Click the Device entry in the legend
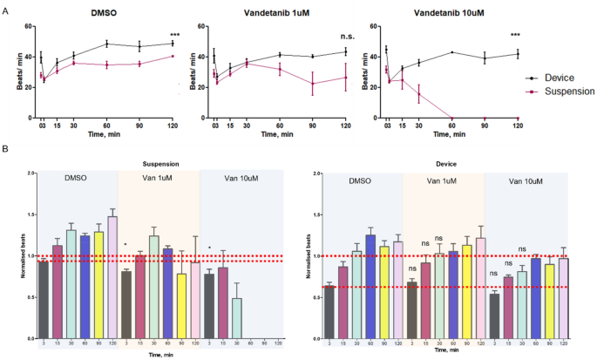coord(557,78)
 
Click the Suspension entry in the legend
coord(565,90)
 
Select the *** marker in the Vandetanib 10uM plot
coord(516,35)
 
